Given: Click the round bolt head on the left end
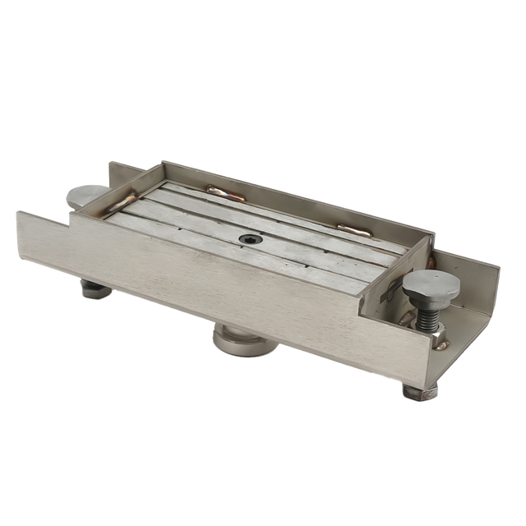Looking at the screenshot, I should (x=86, y=196).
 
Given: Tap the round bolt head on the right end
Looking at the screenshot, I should (x=431, y=284).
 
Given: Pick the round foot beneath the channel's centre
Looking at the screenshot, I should (x=244, y=339).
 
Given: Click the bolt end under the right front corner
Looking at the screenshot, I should (x=420, y=390).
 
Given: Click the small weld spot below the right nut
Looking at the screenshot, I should (x=443, y=346).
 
